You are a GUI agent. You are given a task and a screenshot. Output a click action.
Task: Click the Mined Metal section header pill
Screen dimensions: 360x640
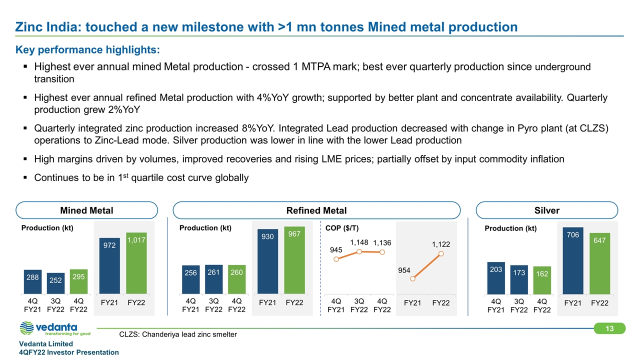pyautogui.click(x=87, y=210)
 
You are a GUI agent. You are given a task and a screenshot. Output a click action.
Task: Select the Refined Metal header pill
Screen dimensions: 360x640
pyautogui.click(x=316, y=210)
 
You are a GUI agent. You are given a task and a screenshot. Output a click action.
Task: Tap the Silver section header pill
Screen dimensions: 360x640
pyautogui.click(x=547, y=210)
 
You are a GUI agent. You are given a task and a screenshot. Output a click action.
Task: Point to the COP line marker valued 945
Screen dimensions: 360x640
pyautogui.click(x=336, y=259)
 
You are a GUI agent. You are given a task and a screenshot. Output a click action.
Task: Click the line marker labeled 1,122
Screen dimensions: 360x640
pyautogui.click(x=441, y=254)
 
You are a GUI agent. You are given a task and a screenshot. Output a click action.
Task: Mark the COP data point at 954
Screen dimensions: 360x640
pyautogui.click(x=412, y=279)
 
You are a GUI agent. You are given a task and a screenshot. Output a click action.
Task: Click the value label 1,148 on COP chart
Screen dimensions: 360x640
pyautogui.click(x=359, y=242)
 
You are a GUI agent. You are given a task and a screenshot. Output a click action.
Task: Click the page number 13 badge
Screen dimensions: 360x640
pyautogui.click(x=609, y=328)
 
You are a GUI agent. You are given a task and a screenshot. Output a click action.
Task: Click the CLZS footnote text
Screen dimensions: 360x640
pyautogui.click(x=178, y=334)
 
